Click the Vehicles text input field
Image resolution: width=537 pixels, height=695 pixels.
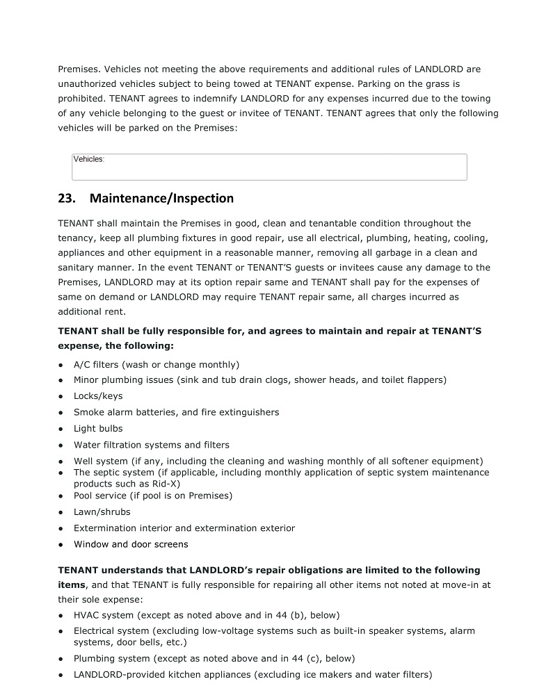(x=269, y=167)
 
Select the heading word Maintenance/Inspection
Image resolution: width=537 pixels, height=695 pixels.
(x=161, y=199)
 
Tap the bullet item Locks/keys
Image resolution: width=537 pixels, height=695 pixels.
(x=98, y=396)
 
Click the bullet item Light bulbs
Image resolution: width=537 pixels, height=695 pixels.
(x=98, y=429)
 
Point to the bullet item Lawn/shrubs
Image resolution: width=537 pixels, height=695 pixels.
(x=102, y=512)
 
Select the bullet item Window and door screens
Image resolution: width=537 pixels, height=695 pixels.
(x=131, y=545)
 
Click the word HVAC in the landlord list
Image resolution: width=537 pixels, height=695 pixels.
(x=87, y=615)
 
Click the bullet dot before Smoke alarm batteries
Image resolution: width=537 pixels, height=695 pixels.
(x=62, y=413)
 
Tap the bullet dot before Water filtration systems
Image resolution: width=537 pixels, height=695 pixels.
(x=62, y=445)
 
